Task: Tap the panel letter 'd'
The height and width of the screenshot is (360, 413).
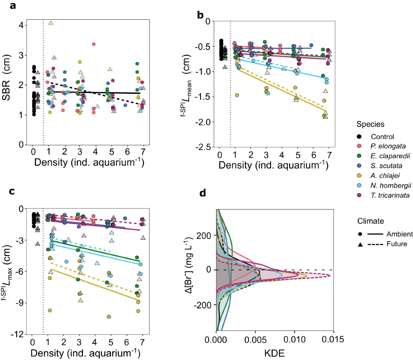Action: (x=203, y=193)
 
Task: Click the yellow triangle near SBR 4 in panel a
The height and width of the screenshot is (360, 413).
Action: (x=51, y=23)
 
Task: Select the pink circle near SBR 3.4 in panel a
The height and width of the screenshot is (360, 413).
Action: (x=93, y=44)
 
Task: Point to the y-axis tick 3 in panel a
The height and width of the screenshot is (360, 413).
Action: (x=21, y=55)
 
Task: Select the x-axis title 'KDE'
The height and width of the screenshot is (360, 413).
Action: (x=274, y=353)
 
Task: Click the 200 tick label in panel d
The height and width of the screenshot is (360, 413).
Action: (x=203, y=236)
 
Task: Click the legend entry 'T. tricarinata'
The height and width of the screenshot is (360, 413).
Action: (x=390, y=195)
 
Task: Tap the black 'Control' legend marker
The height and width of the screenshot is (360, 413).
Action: (x=360, y=136)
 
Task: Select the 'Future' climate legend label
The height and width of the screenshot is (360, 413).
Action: (x=396, y=244)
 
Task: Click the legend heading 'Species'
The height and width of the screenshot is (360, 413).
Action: (x=370, y=124)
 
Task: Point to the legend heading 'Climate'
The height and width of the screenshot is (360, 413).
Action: (x=370, y=221)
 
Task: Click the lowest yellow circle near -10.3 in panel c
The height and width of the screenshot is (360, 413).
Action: (x=109, y=317)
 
